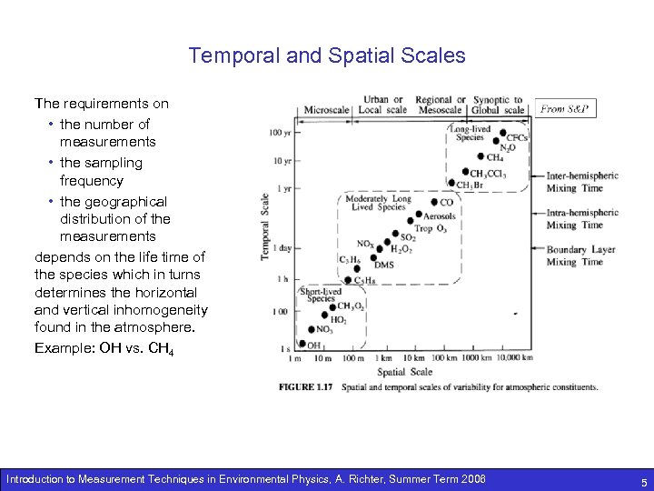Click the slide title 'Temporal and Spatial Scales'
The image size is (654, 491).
pos(327,55)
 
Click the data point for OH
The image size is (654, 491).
pos(303,345)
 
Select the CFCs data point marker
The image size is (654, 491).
pos(500,137)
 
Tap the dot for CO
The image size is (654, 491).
pos(433,202)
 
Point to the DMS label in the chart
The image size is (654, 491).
pos(384,265)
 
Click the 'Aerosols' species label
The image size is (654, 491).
pos(440,216)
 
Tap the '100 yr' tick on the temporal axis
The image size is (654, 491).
pos(280,133)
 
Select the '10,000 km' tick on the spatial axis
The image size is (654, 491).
pos(514,358)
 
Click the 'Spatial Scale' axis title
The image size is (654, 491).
pos(404,371)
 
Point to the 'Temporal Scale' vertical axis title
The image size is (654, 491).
pos(266,225)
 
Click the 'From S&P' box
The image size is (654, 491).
pos(563,109)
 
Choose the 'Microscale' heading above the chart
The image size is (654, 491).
pos(326,110)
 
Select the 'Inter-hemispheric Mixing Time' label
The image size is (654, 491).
pos(581,182)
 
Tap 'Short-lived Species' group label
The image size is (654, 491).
pos(321,295)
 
